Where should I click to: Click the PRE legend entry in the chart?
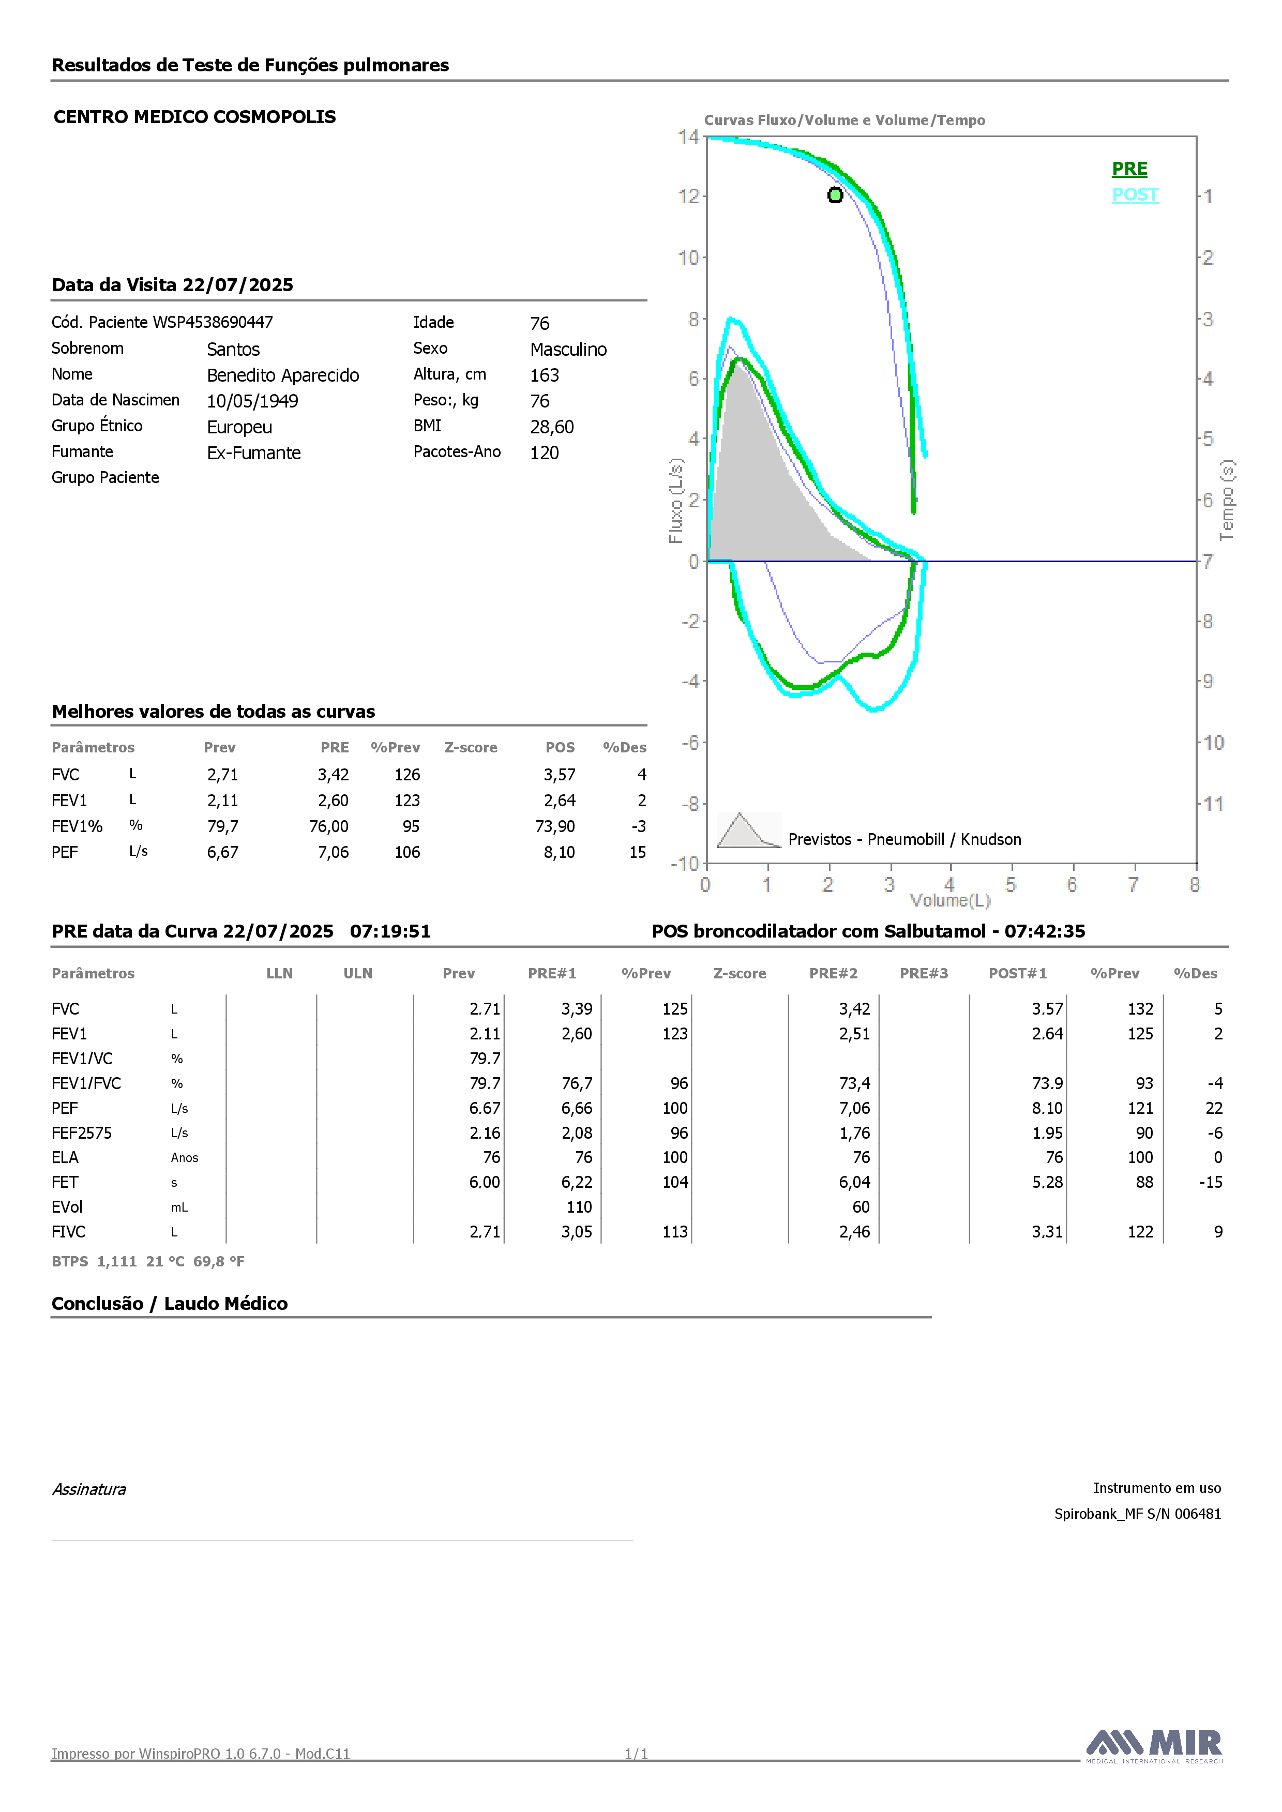[x=1129, y=169]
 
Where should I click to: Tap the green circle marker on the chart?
[x=835, y=195]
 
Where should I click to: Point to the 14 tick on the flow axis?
[x=688, y=137]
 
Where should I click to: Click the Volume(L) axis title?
[x=949, y=900]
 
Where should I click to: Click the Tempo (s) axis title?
[x=1227, y=501]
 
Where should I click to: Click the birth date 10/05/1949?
[x=252, y=401]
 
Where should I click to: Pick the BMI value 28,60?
[x=552, y=427]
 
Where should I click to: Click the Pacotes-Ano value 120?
[x=545, y=453]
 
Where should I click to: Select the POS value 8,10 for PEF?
[x=560, y=852]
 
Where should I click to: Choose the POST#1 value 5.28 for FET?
[x=1048, y=1182]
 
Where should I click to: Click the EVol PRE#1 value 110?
[x=579, y=1207]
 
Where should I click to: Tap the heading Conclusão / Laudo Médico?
[x=170, y=1304]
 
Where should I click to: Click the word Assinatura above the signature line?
[x=89, y=1490]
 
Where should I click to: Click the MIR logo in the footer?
[x=1154, y=1746]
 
